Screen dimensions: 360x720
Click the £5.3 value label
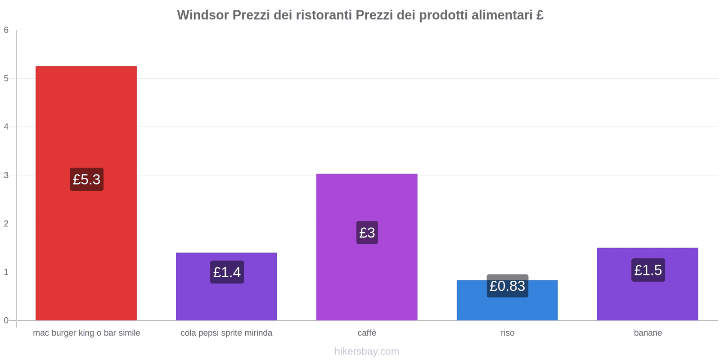click(86, 180)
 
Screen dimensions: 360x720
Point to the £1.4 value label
click(227, 272)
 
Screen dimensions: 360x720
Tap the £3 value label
click(367, 233)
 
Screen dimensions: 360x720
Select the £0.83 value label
click(507, 286)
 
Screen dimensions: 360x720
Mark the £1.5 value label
click(648, 270)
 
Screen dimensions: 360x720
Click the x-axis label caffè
click(367, 333)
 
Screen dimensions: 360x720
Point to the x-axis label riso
click(507, 333)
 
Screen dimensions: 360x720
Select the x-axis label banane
click(648, 333)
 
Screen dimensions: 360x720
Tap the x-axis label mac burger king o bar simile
click(86, 333)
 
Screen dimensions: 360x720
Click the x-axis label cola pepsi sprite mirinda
click(226, 333)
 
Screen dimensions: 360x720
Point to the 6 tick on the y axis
click(6, 30)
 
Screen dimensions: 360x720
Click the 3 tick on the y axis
click(6, 175)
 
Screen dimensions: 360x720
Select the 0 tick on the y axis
click(6, 320)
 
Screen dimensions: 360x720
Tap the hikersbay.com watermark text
click(367, 351)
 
